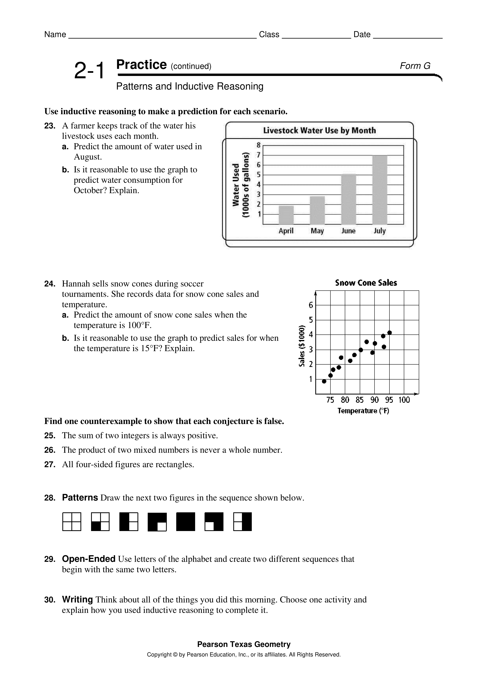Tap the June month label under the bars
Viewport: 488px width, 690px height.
(348, 231)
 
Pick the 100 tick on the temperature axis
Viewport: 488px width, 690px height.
(404, 400)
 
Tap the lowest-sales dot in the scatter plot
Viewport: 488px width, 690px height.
(324, 381)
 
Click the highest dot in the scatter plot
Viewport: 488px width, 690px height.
(389, 332)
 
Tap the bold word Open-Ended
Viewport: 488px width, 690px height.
(89, 559)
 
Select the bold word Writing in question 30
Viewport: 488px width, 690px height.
(77, 599)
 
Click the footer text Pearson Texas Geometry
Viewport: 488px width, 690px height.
(244, 644)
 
